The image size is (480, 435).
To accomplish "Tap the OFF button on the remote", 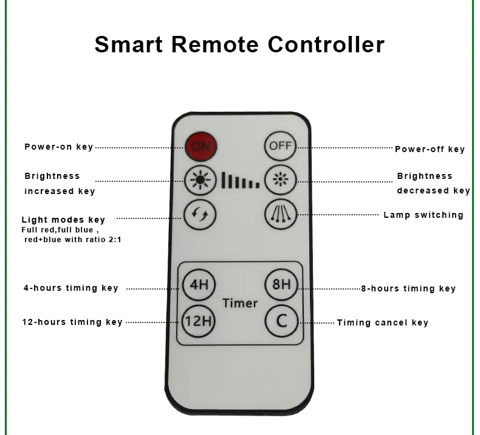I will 280,145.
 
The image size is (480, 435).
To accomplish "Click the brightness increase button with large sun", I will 199,180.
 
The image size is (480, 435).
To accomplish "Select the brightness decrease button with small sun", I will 280,180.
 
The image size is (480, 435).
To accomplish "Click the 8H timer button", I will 280,284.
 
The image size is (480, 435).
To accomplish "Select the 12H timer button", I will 198,319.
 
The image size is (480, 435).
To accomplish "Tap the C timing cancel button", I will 280,319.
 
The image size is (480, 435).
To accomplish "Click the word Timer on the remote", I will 240,303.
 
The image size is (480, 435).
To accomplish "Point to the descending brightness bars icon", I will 240,181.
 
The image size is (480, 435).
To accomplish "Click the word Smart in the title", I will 129,44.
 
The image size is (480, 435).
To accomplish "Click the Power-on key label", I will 59,147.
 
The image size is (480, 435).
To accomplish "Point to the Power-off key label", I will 430,149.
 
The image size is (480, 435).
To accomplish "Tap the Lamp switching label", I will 423,215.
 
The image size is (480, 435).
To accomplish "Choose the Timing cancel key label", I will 383,323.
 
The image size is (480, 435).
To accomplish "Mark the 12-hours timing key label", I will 72,322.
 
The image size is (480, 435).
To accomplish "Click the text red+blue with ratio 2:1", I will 72,240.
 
